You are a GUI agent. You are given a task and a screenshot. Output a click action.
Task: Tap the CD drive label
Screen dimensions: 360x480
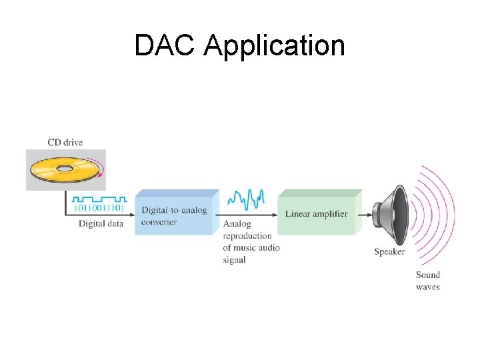pyautogui.click(x=65, y=142)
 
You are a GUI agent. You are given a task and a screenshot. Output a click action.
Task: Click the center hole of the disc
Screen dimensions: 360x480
pyautogui.click(x=65, y=168)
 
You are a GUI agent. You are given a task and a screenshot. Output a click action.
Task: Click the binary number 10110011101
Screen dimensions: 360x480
pyautogui.click(x=99, y=208)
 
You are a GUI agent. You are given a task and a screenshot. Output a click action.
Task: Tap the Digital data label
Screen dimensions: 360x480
pyautogui.click(x=101, y=223)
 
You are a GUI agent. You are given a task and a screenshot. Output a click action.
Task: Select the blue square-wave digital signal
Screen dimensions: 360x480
pyautogui.click(x=99, y=199)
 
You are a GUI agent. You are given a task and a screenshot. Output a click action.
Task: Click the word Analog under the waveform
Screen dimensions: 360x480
pyautogui.click(x=237, y=224)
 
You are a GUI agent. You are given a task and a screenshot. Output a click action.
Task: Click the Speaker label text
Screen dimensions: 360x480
pyautogui.click(x=389, y=251)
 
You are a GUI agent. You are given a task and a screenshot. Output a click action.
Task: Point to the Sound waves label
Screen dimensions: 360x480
pyautogui.click(x=427, y=281)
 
